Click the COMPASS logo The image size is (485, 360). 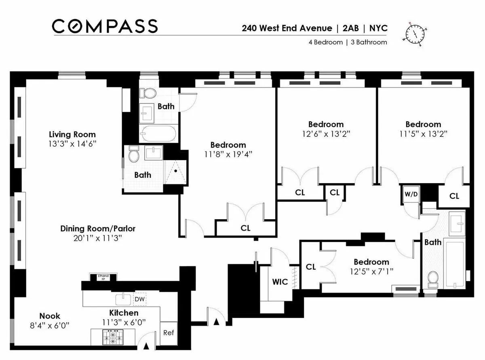click(104, 27)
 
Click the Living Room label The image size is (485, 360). click(72, 135)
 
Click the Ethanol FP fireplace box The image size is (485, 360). click(103, 277)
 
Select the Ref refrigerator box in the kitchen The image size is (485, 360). click(169, 333)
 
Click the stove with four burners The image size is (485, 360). click(114, 337)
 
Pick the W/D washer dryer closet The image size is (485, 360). click(411, 194)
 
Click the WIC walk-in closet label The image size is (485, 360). click(280, 282)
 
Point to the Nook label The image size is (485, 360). click(50, 316)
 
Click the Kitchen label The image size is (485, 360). click(124, 313)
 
